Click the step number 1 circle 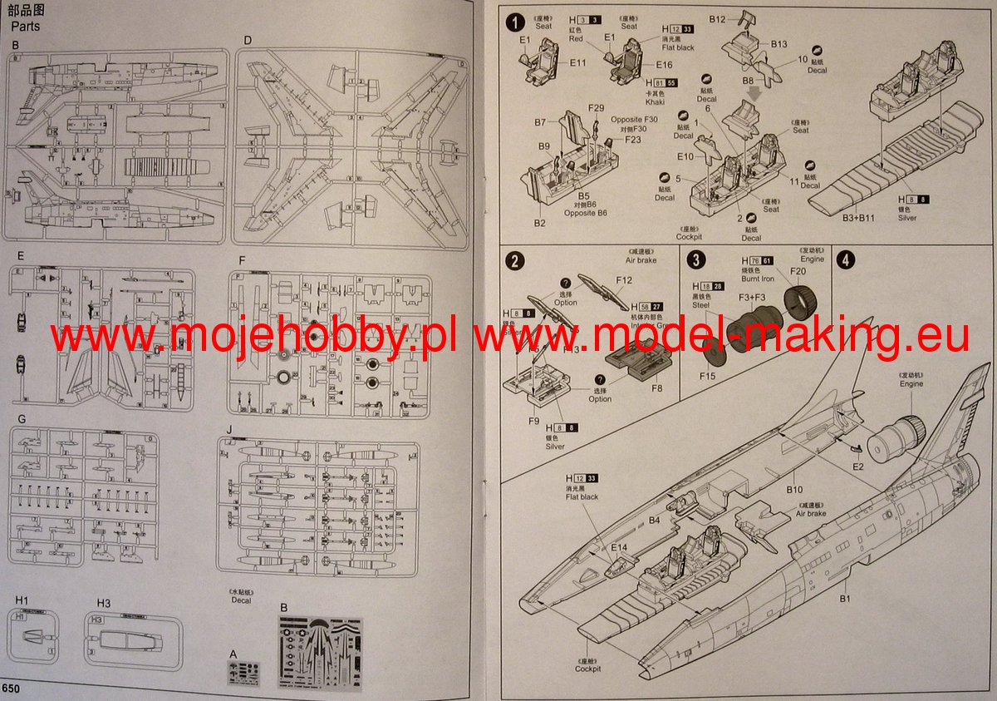[x=517, y=22]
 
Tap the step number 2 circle [x=517, y=262]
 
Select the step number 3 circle [x=696, y=260]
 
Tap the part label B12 [x=718, y=19]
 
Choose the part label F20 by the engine [x=798, y=271]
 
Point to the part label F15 [x=707, y=377]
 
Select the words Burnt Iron [x=758, y=279]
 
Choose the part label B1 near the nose [x=845, y=598]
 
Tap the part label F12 [x=624, y=281]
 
